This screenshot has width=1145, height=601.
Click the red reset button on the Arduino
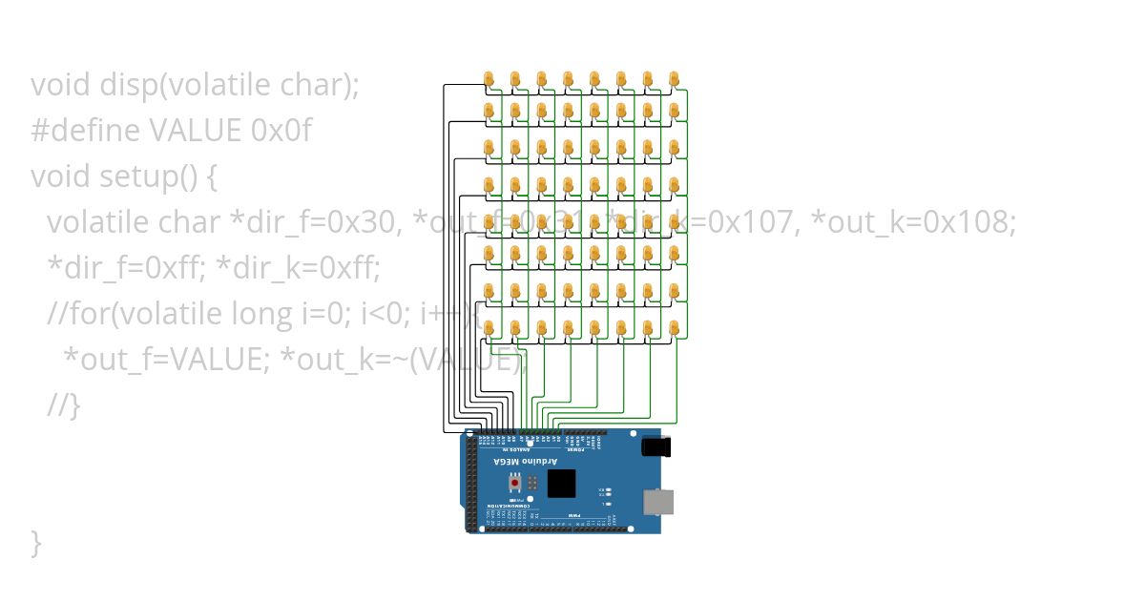point(516,483)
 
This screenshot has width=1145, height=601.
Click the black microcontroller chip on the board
point(563,483)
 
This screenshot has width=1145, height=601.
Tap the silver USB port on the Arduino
point(657,502)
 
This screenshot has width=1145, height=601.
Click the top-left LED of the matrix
point(489,78)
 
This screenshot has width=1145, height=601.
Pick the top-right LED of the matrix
point(675,78)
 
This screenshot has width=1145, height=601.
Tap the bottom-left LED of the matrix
point(489,328)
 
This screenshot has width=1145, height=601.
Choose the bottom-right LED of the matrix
point(675,328)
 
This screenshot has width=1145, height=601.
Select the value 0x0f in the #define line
point(281,131)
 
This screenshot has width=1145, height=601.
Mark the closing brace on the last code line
point(36,543)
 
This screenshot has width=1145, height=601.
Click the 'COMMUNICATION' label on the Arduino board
point(506,506)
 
